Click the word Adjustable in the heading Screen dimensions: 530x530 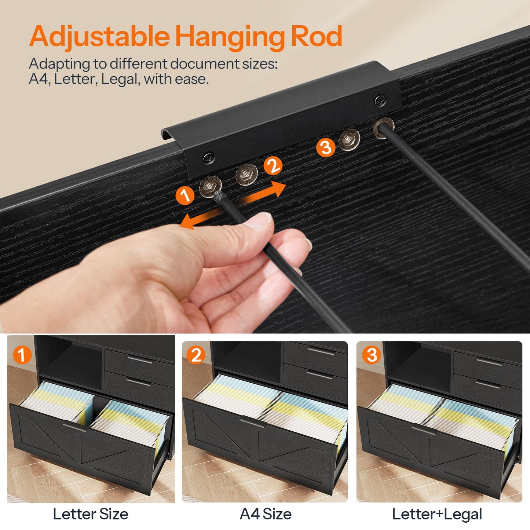click(x=99, y=37)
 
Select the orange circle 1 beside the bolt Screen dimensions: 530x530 click(x=185, y=195)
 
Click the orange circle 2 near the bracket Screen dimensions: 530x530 click(x=273, y=166)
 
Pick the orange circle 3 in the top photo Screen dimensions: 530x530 click(x=326, y=148)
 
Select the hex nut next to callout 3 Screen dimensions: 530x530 click(x=349, y=140)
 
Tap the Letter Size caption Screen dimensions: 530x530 click(x=91, y=514)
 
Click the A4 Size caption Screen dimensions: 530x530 click(x=266, y=514)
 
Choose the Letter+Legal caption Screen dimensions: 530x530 click(x=437, y=514)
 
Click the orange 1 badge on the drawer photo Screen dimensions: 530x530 click(x=22, y=355)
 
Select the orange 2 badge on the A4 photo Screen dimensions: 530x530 click(x=196, y=355)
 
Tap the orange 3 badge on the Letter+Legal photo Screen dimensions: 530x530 click(x=372, y=355)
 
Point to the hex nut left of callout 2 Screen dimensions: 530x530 click(x=246, y=175)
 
